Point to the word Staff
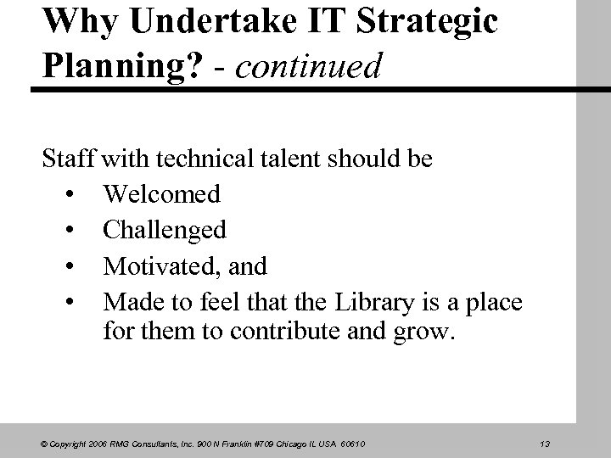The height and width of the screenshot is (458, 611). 70,159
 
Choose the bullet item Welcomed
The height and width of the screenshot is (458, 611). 162,194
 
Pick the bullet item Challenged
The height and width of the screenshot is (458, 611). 165,230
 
